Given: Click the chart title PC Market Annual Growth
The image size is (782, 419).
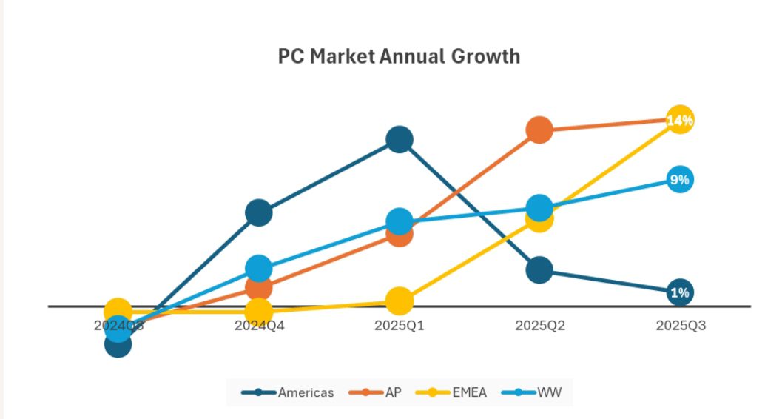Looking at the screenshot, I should [399, 56].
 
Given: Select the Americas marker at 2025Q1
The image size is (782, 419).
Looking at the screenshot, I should [399, 139].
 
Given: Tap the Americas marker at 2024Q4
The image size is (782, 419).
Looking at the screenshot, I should [258, 213].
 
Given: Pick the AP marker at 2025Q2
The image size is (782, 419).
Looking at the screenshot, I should [539, 130].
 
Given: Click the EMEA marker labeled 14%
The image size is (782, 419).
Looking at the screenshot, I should [679, 120].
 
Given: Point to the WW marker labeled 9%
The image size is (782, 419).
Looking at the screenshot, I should [679, 179].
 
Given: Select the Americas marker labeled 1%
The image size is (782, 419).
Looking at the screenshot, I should [679, 292].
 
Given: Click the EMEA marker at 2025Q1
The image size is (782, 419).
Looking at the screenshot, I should [399, 301].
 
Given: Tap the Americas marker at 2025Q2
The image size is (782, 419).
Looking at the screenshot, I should [539, 270].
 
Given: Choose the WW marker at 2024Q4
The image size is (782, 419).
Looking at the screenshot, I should [258, 268].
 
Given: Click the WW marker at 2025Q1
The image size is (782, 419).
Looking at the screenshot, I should [399, 221].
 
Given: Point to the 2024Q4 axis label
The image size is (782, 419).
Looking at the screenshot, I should [259, 325].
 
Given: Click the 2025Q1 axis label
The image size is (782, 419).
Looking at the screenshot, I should [399, 325].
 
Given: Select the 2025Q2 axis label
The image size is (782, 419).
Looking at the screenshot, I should [539, 325].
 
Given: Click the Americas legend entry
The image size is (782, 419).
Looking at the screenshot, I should [289, 392].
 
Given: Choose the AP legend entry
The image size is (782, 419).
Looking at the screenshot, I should [377, 392].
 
